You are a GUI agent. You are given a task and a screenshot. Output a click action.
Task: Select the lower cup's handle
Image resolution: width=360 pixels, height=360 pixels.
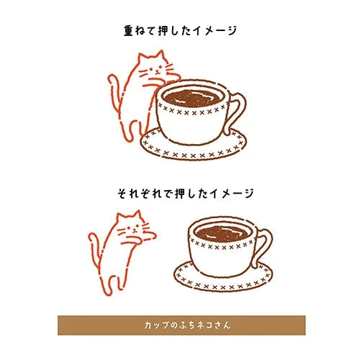coord(264,248)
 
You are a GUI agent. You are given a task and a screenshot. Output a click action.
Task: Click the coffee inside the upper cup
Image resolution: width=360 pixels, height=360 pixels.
coord(192,98)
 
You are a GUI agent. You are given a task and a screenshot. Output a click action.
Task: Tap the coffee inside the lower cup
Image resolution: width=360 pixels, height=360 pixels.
coord(223,233)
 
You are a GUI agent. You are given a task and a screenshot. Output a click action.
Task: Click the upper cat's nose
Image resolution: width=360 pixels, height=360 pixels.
coord(157,71)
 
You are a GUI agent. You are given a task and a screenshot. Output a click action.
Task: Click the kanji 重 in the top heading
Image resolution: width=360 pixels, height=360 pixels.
coord(128,31)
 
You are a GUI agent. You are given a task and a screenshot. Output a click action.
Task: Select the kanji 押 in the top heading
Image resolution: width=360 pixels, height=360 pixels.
coord(164,31)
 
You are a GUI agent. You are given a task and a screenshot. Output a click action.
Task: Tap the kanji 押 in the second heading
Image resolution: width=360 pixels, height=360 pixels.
coord(181,194)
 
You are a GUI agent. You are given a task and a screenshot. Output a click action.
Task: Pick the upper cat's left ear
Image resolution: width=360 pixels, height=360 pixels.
coord(142,58)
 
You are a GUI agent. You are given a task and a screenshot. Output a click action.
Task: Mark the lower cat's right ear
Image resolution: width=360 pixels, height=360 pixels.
coord(138,215)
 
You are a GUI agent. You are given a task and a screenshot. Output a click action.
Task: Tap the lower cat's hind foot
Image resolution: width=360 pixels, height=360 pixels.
coord(107,289)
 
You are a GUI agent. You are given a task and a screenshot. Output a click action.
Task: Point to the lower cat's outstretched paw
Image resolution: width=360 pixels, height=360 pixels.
coord(150,235)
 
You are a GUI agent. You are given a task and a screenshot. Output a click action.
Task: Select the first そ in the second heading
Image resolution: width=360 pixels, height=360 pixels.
coord(122,194)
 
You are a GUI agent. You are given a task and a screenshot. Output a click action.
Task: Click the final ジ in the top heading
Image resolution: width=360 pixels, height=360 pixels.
coord(231,31)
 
